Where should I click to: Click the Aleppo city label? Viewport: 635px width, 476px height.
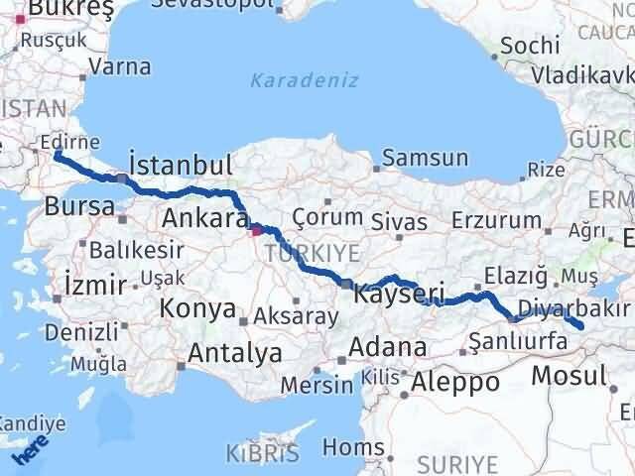tap(455, 382)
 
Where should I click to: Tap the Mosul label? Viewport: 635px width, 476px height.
tap(569, 376)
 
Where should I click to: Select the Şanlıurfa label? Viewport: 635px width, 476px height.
tap(516, 341)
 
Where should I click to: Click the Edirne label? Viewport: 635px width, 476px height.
tap(69, 143)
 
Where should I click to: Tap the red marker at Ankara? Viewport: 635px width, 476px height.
tap(257, 230)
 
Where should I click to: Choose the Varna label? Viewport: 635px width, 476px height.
tap(119, 67)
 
